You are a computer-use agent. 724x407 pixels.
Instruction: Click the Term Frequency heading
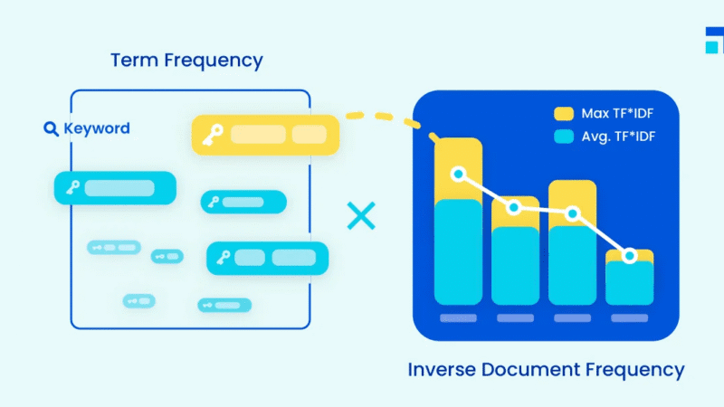pos(186,61)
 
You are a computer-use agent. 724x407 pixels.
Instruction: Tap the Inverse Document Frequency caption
pos(546,369)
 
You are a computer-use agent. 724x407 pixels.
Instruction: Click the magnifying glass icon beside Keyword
pos(52,128)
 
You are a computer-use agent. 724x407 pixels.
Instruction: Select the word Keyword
pos(96,128)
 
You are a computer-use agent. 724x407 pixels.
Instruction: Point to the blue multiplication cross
pos(361,216)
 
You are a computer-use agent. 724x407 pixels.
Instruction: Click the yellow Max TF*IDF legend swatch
pos(564,114)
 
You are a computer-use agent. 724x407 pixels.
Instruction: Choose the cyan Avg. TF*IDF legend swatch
pos(564,137)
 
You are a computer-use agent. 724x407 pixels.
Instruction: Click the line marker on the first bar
pos(459,174)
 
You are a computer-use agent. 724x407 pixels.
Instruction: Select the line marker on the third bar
pos(572,213)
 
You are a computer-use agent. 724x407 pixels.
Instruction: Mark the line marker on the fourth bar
pos(629,257)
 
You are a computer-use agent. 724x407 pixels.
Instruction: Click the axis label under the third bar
pos(572,318)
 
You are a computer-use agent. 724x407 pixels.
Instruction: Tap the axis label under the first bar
pos(459,318)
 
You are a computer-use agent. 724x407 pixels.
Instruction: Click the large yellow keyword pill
pos(264,135)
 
